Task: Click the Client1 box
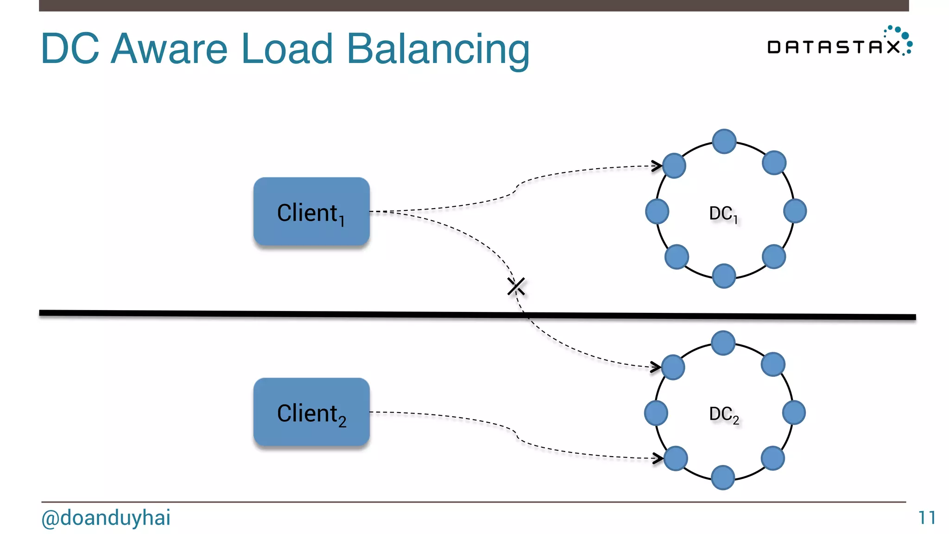[x=311, y=212]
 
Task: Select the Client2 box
[x=311, y=412]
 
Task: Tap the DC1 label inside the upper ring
[x=723, y=214]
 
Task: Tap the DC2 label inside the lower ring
[x=723, y=414]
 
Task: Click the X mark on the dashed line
[x=516, y=286]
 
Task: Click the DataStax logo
[x=839, y=43]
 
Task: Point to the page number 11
[x=927, y=518]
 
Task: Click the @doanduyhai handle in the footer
[x=106, y=518]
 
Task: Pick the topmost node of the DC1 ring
[x=724, y=141]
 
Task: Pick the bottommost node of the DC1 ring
[x=724, y=276]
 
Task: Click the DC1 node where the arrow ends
[x=674, y=165]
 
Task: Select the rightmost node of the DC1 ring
[x=795, y=211]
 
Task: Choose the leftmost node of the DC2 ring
[x=656, y=413]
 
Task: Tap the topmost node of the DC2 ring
[x=723, y=343]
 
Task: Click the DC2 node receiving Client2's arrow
[x=676, y=458]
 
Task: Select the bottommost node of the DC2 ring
[x=723, y=477]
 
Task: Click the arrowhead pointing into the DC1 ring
[x=657, y=165]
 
